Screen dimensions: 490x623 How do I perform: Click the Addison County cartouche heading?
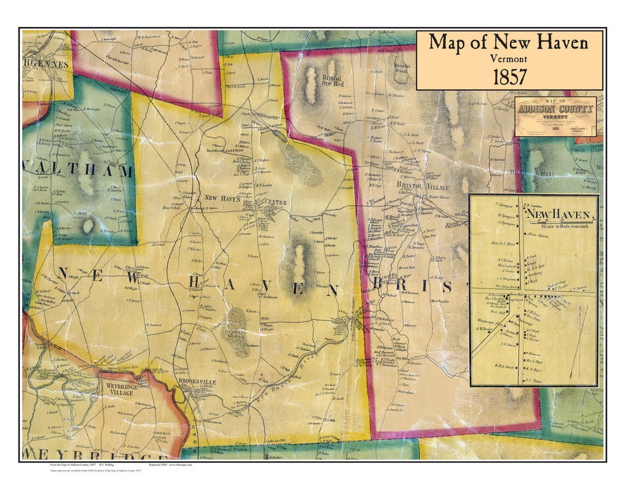tap(554, 110)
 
